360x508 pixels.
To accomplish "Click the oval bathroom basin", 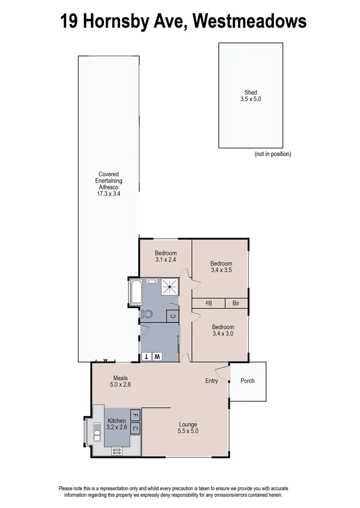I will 152,281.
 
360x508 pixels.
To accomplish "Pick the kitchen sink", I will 97,431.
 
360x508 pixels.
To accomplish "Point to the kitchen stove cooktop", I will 116,451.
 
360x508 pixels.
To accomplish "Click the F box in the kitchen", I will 135,415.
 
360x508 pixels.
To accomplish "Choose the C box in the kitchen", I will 135,428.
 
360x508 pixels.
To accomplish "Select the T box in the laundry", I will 147,356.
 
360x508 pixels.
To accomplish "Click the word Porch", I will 247,381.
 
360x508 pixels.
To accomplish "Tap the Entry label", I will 211,381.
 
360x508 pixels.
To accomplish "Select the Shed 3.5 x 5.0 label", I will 250,96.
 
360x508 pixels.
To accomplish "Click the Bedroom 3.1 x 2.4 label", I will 166,256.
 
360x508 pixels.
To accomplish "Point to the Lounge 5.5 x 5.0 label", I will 187,428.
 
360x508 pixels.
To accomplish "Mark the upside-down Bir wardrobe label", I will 208,303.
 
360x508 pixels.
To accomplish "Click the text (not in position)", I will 273,154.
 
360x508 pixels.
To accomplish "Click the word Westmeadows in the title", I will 249,21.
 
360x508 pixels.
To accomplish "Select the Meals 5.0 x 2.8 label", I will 120,381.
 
